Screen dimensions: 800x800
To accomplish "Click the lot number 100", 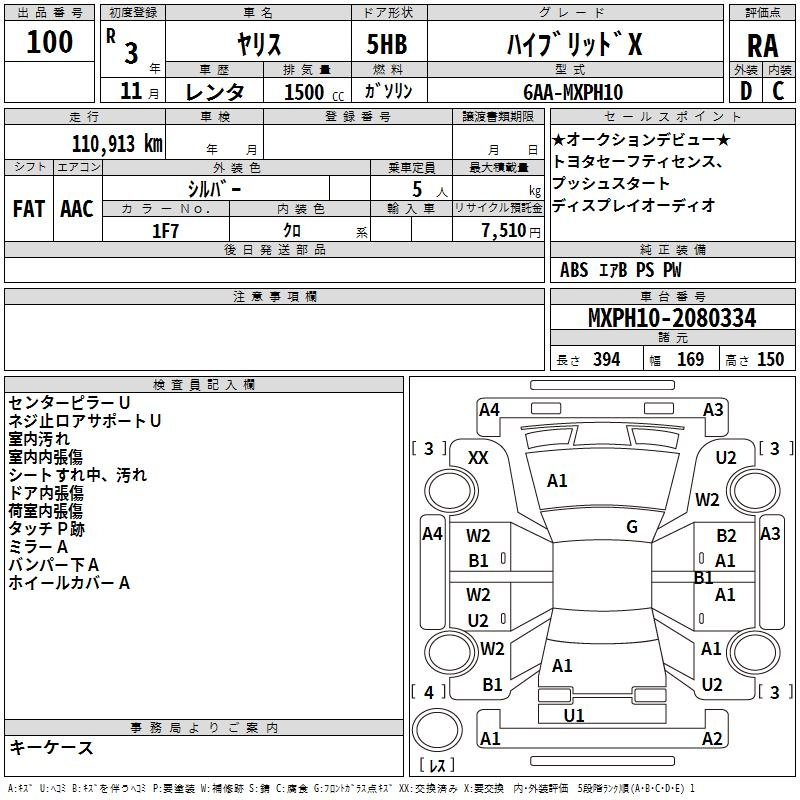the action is click(x=49, y=41).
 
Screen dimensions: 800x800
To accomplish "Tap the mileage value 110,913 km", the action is click(x=117, y=144).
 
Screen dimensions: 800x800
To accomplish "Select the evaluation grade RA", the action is click(x=762, y=46).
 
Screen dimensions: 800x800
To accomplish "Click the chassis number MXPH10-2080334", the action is click(x=672, y=317).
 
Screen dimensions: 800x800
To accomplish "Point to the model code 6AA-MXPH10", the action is click(x=572, y=92).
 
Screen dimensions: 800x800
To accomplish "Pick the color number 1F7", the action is click(x=165, y=231).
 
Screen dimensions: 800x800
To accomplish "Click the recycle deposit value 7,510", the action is click(x=503, y=231).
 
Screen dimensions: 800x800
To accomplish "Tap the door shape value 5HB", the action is click(x=387, y=44).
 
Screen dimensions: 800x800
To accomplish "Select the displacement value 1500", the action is click(x=304, y=92).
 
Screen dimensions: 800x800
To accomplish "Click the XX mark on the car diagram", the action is click(x=478, y=458).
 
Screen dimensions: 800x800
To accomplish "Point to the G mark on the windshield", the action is click(x=632, y=526).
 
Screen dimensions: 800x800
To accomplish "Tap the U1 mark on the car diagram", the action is click(x=573, y=715).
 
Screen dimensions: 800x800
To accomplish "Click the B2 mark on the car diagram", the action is click(x=726, y=535).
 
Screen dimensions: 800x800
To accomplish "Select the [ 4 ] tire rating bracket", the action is click(x=429, y=692).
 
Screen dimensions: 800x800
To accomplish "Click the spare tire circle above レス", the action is click(x=437, y=730).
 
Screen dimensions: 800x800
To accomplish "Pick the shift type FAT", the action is click(x=29, y=209).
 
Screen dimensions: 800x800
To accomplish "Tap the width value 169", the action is click(x=690, y=359).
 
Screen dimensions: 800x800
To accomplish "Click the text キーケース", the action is click(x=51, y=747).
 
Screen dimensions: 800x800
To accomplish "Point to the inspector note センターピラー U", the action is click(x=69, y=403).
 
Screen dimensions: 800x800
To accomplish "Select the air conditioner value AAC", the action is click(x=77, y=209).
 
